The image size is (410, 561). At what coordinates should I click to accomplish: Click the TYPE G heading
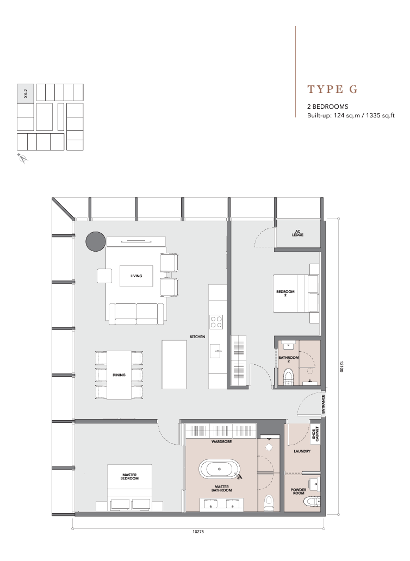(x=332, y=89)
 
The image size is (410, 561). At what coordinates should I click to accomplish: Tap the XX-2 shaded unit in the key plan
(x=26, y=93)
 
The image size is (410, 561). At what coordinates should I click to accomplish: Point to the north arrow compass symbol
(x=23, y=158)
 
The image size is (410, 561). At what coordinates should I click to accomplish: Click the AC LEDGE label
(x=297, y=233)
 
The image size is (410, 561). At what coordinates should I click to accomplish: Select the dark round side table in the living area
(x=96, y=241)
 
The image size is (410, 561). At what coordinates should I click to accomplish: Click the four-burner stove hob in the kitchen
(x=216, y=321)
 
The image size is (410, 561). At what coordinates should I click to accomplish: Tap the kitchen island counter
(x=174, y=364)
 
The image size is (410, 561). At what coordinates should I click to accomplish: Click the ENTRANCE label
(x=324, y=404)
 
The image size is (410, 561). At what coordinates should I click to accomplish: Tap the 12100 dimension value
(x=341, y=366)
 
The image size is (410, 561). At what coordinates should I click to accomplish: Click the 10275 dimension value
(x=198, y=532)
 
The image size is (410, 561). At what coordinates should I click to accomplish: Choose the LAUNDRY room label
(x=302, y=452)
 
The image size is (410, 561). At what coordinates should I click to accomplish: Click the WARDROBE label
(x=221, y=442)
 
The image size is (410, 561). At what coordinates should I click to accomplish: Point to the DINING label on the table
(x=119, y=375)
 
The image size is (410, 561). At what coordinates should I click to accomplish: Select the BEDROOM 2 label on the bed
(x=285, y=294)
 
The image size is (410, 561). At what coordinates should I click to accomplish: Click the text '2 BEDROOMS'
(x=328, y=107)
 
